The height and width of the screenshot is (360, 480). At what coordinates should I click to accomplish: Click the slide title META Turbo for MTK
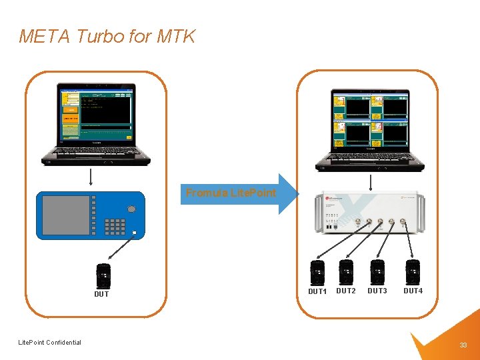[x=107, y=35]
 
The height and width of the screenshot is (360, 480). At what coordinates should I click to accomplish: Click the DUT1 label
[x=317, y=292]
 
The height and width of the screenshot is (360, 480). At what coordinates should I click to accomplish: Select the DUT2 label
[x=346, y=291]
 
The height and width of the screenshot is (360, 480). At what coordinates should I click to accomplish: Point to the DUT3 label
[x=377, y=291]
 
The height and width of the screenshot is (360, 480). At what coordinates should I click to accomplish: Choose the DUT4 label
[x=413, y=291]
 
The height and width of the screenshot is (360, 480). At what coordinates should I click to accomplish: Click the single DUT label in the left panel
[x=101, y=294]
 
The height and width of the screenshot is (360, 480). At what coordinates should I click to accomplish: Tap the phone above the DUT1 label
[x=317, y=273]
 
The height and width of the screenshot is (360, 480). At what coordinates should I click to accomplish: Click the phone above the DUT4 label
[x=413, y=272]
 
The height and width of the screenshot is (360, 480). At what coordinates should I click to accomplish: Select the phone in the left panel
[x=103, y=275]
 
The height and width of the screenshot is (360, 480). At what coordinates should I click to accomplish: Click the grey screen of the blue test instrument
[x=65, y=215]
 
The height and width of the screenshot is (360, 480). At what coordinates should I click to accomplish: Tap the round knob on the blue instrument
[x=131, y=209]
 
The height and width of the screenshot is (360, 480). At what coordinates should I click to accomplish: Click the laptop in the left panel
[x=96, y=124]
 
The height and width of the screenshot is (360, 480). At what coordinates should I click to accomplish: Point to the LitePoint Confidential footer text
[x=50, y=343]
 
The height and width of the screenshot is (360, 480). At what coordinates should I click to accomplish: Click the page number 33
[x=463, y=345]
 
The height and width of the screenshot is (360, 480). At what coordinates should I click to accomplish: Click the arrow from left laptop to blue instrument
[x=90, y=178]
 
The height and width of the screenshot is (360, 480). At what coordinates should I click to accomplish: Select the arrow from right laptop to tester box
[x=371, y=182]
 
